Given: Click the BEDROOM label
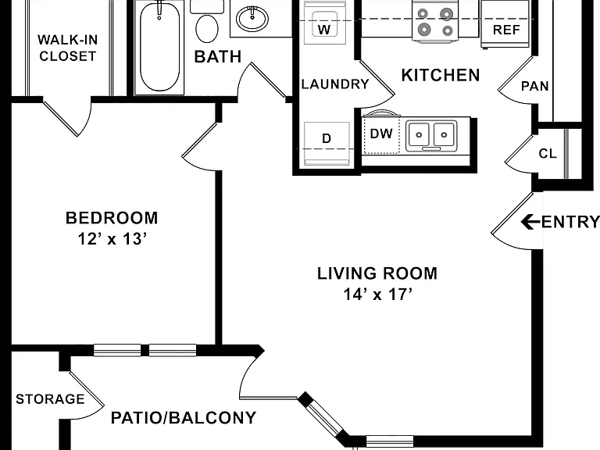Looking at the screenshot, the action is (112, 218).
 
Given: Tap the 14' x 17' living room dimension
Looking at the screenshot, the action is (377, 295).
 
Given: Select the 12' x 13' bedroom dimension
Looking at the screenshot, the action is (112, 239).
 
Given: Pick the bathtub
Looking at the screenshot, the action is (159, 47).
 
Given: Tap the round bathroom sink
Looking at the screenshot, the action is (252, 19).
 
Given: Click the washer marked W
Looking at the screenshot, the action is (324, 23).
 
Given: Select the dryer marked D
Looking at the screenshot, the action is (327, 144).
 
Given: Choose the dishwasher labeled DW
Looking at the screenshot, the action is (381, 134).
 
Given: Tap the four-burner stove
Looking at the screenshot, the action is (435, 20).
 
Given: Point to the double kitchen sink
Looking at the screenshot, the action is (431, 135).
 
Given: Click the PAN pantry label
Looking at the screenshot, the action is (535, 86).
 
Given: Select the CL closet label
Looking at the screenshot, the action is (548, 153).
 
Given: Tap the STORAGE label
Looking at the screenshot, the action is (50, 399).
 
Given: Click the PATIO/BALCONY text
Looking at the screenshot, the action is (184, 417).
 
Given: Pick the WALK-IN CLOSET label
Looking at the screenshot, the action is (68, 48).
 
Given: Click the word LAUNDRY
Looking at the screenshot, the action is (335, 84).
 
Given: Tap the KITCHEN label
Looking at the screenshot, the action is (441, 75).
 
